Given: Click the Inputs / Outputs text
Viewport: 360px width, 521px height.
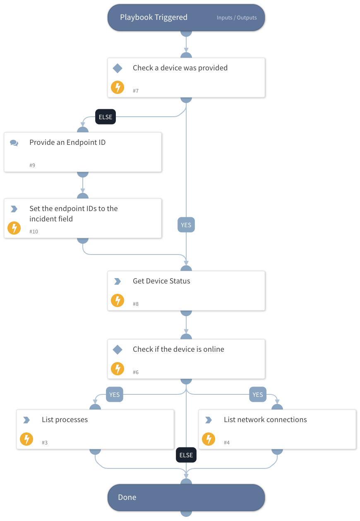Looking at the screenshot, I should pyautogui.click(x=237, y=18).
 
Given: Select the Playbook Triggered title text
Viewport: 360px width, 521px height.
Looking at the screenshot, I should pyautogui.click(x=154, y=17).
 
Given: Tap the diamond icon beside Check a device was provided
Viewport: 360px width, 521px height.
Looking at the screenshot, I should pyautogui.click(x=118, y=68).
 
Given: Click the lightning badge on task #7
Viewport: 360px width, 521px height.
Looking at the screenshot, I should pyautogui.click(x=118, y=87).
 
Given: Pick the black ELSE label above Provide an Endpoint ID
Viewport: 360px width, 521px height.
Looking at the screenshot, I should pyautogui.click(x=106, y=117).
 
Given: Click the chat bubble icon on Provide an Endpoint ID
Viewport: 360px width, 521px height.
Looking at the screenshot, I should pyautogui.click(x=14, y=143).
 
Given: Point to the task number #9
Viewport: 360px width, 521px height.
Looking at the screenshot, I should pyautogui.click(x=32, y=166).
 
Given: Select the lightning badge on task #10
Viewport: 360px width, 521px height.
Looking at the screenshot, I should pyautogui.click(x=14, y=228).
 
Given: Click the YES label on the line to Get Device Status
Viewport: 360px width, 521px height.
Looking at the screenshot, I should pyautogui.click(x=186, y=225).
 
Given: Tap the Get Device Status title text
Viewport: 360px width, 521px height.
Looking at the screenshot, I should pyautogui.click(x=161, y=281).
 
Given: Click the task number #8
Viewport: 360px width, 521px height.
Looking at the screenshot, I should pyautogui.click(x=136, y=304).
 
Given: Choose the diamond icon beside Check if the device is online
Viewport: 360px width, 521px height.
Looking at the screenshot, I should pyautogui.click(x=118, y=350).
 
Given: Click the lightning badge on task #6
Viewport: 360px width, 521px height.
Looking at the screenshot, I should pyautogui.click(x=118, y=369).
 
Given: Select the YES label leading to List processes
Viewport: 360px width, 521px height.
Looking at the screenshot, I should pyautogui.click(x=115, y=395).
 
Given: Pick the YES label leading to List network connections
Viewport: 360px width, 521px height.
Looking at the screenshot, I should pyautogui.click(x=258, y=395).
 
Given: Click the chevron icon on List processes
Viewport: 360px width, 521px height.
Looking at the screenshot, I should pyautogui.click(x=26, y=420).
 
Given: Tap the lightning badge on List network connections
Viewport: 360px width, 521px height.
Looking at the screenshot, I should pyautogui.click(x=209, y=439).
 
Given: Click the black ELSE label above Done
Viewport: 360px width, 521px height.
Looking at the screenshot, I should pyautogui.click(x=186, y=455).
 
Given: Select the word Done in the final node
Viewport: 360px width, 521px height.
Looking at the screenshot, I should pyautogui.click(x=127, y=497).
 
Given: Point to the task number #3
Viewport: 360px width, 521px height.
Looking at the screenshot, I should pyautogui.click(x=45, y=443).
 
